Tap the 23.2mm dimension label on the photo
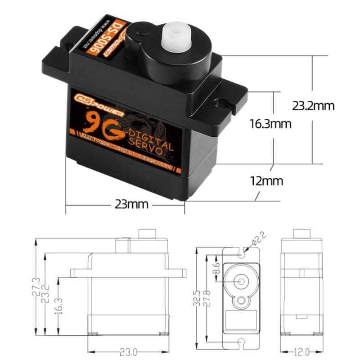[313, 106]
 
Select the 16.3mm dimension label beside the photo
[270, 123]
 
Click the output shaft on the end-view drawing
[301, 234]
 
